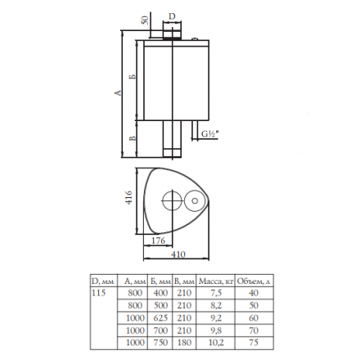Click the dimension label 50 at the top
(146, 20)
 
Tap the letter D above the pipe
(172, 16)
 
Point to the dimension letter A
(118, 92)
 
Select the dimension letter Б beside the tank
(133, 76)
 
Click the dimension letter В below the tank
(133, 138)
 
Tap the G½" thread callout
(210, 134)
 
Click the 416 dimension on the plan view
(128, 197)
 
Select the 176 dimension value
(158, 241)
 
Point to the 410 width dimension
(178, 254)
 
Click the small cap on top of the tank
(196, 39)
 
